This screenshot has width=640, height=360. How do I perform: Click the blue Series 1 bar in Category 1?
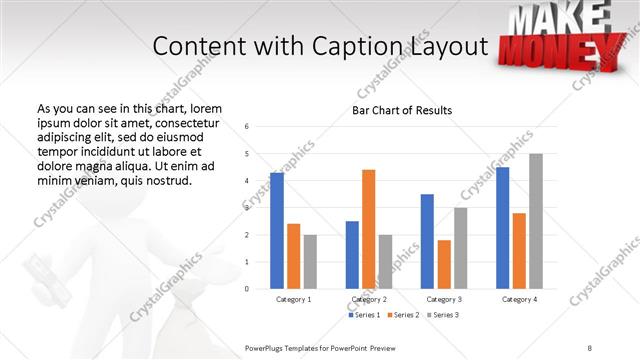click(x=277, y=230)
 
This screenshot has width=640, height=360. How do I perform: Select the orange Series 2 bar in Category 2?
click(x=368, y=229)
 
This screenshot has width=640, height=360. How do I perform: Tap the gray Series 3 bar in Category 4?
click(x=536, y=221)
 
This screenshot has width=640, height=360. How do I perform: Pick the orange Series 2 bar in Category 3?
click(x=444, y=264)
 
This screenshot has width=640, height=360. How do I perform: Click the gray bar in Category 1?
click(x=311, y=261)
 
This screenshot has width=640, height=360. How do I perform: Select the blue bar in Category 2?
click(x=352, y=254)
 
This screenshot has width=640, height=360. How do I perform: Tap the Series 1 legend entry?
click(x=363, y=315)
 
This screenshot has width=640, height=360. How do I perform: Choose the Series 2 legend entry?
click(x=402, y=315)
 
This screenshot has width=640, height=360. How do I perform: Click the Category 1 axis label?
click(x=294, y=299)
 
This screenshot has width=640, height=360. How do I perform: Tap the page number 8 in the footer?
click(x=590, y=346)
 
